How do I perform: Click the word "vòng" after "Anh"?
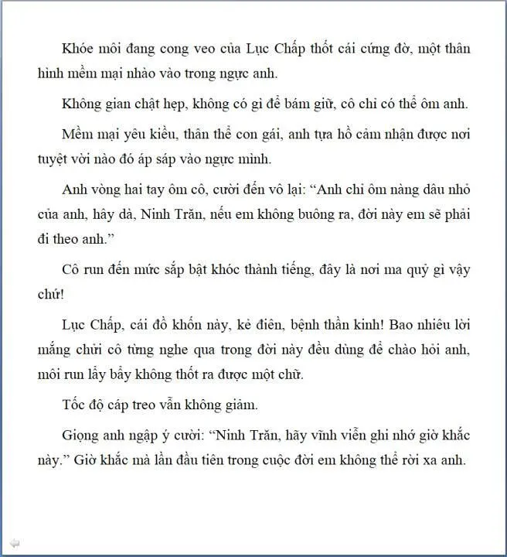(x=103, y=191)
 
